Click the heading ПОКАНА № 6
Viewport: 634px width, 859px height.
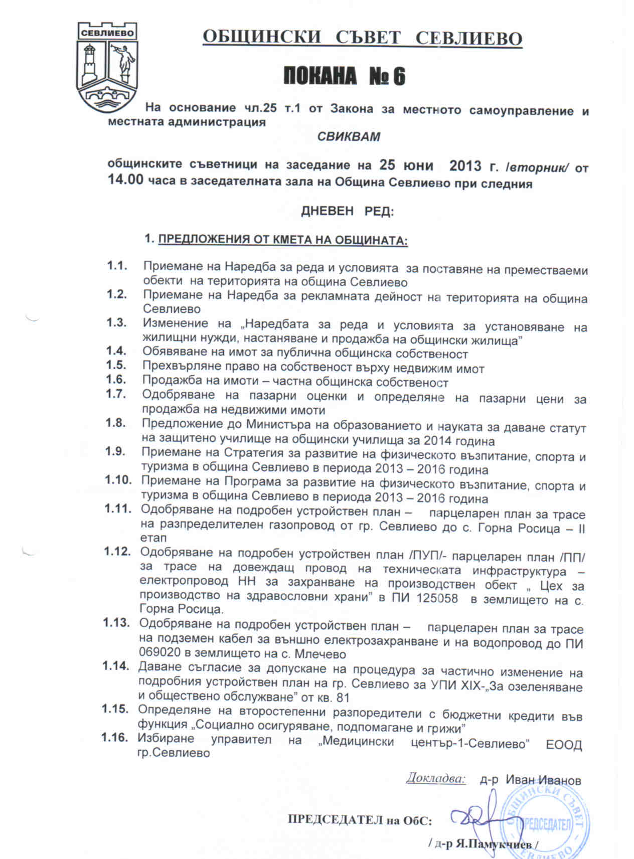click(x=345, y=77)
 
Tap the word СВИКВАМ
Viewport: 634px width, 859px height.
click(x=349, y=136)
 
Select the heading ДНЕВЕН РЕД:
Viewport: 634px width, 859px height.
click(x=347, y=211)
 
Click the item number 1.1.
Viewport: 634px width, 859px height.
click(x=116, y=265)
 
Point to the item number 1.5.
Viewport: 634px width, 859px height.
click(x=116, y=365)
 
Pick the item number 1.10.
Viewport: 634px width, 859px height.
click(x=118, y=480)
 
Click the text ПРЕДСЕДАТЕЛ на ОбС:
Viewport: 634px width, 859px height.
click(x=360, y=820)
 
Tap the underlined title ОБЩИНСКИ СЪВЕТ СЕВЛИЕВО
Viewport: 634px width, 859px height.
click(x=362, y=38)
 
